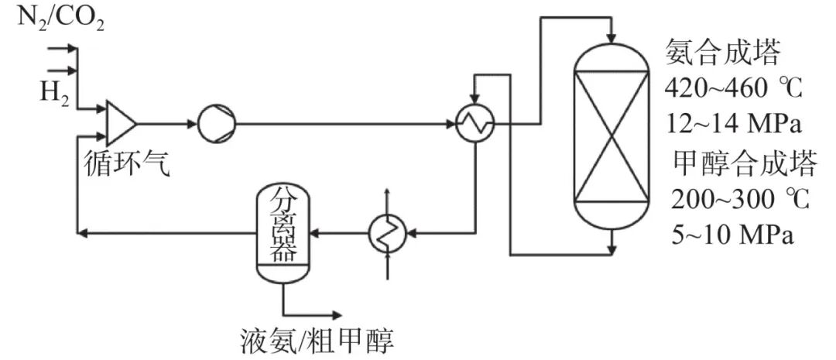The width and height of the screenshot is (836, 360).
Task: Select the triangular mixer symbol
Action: pos(121,122)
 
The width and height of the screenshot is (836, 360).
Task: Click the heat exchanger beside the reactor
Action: pos(474,123)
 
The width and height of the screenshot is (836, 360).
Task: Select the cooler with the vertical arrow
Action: pos(386,230)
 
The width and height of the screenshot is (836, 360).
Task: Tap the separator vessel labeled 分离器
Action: pos(284,232)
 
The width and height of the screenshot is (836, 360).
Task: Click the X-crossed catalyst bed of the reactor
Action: pos(611,136)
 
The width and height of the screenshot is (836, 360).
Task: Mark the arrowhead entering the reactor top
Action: pos(612,36)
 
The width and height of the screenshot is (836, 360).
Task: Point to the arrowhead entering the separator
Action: pos(317,230)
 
